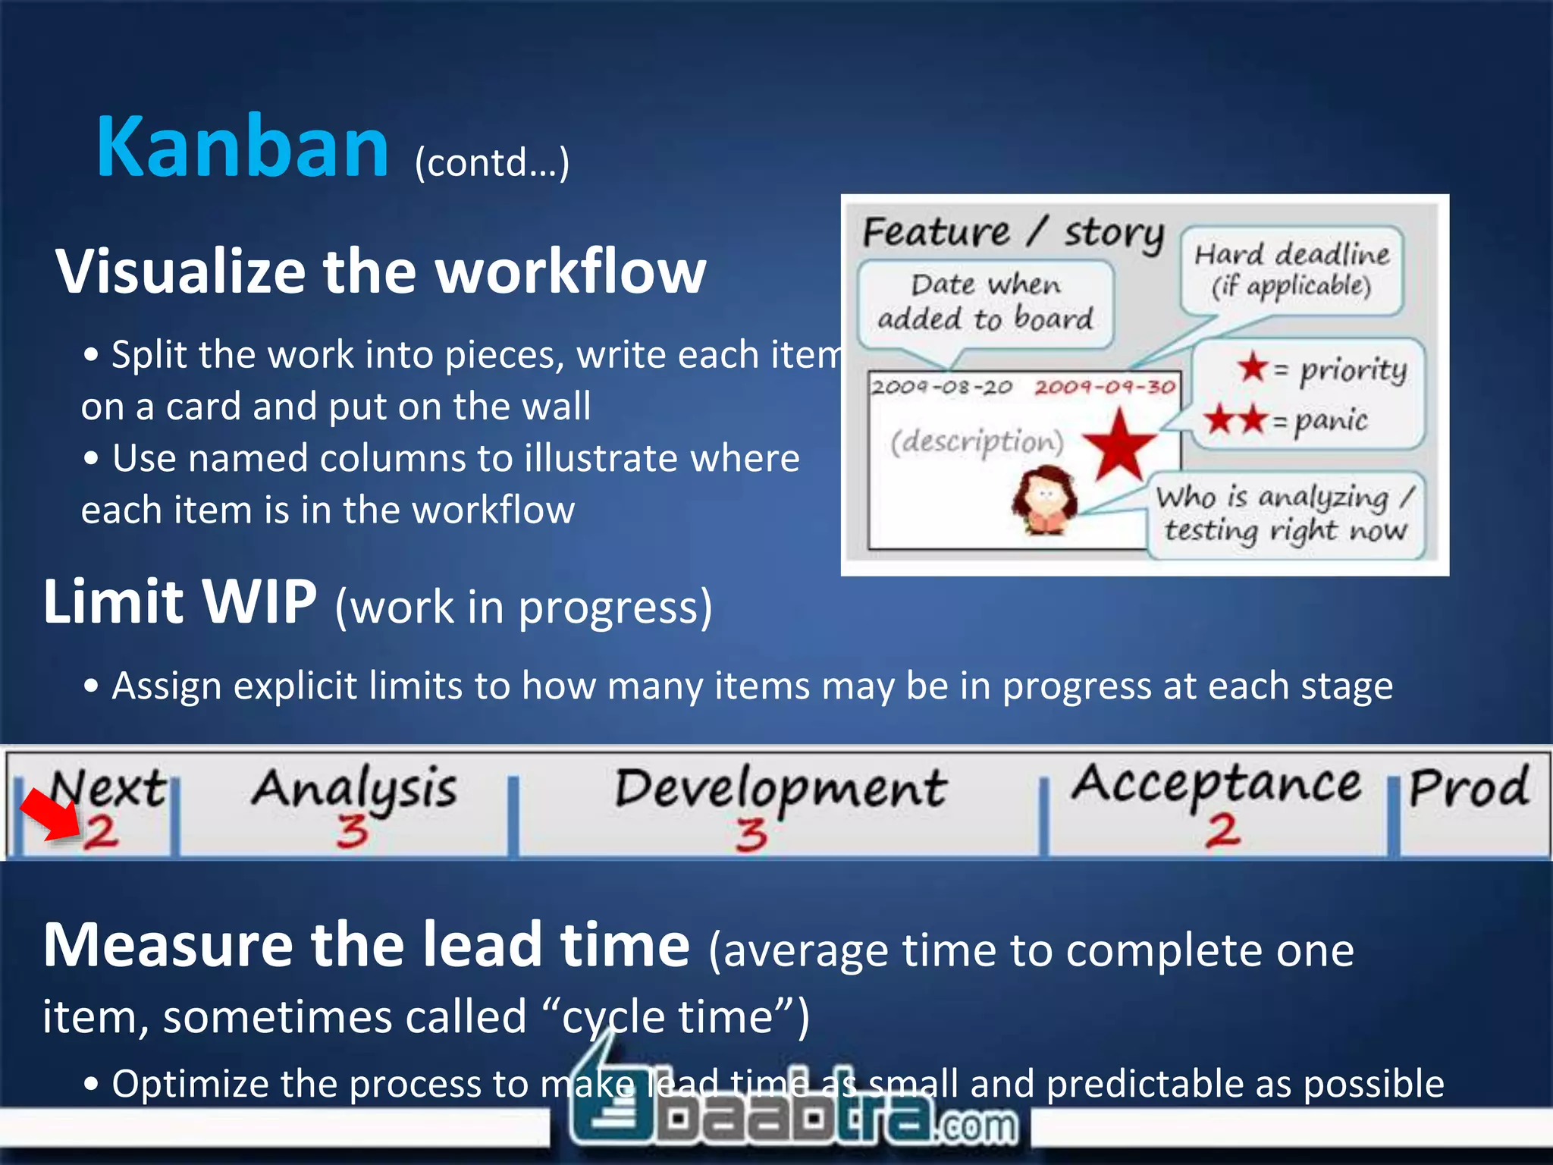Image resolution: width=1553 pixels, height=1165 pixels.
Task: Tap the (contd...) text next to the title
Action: pos(491,162)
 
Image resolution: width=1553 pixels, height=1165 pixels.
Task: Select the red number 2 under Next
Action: pos(101,832)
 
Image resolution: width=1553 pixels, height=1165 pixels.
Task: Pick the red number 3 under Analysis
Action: pos(353,831)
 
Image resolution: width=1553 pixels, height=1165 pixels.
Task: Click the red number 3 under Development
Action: pos(751,834)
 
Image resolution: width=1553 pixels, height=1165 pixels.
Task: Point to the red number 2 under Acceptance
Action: pos(1222,831)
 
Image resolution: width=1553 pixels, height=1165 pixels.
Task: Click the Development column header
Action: pos(780,789)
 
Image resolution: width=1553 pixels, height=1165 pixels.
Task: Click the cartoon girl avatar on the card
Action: pos(1045,500)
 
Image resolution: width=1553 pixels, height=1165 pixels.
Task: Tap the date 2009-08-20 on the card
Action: pos(941,388)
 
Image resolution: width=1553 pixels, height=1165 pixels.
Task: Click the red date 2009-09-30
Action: pos(1104,388)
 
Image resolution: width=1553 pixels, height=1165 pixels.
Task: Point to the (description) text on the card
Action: pos(977,441)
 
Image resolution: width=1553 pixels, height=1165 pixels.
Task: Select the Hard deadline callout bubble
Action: pos(1291,270)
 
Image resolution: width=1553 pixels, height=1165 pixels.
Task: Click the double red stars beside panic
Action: pos(1235,419)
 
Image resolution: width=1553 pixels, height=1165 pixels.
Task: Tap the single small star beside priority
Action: pos(1253,367)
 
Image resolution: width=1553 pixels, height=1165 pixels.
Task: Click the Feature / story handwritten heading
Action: pos(1012,232)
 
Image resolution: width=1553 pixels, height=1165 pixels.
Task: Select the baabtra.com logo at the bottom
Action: pos(792,1115)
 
